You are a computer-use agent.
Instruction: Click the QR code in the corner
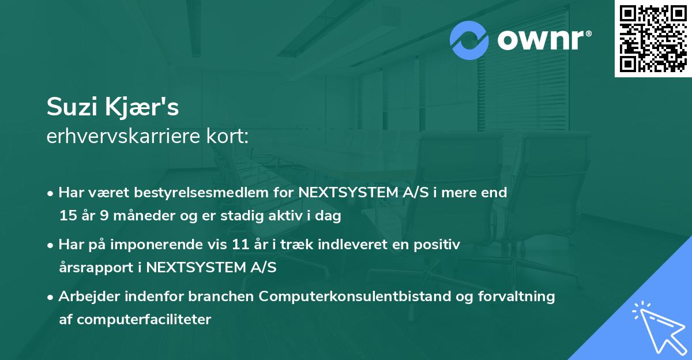[x=653, y=39]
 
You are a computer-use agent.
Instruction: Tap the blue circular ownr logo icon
[x=469, y=40]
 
